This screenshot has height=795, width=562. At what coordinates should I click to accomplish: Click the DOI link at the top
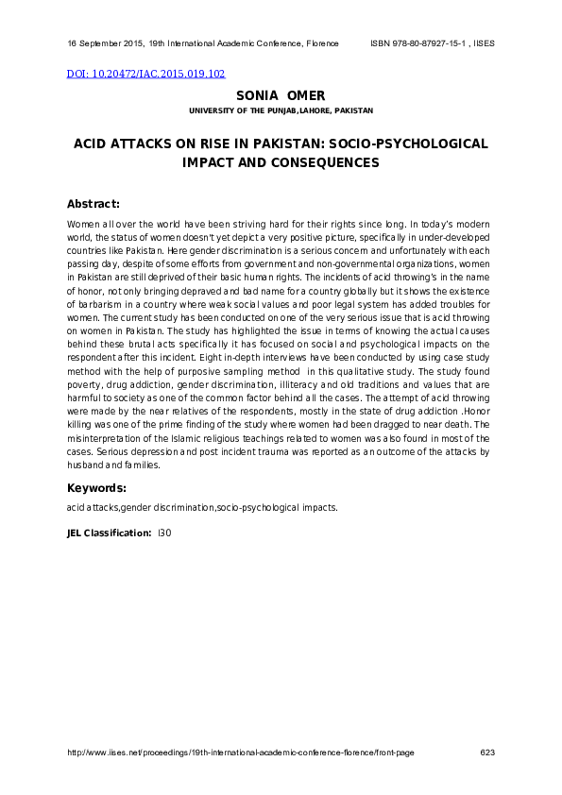click(x=145, y=74)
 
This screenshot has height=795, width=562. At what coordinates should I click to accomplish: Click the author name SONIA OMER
click(x=281, y=95)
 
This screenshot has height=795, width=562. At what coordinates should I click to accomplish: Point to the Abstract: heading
click(x=93, y=204)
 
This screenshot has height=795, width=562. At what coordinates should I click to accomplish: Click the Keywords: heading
click(x=96, y=488)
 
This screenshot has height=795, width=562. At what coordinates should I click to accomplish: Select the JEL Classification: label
click(x=109, y=533)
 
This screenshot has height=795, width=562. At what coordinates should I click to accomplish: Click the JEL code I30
click(x=164, y=533)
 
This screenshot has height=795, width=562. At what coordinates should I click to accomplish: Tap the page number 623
click(x=487, y=753)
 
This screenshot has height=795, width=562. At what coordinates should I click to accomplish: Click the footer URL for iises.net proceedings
click(x=240, y=753)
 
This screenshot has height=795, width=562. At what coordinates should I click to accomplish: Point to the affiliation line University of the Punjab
click(x=281, y=110)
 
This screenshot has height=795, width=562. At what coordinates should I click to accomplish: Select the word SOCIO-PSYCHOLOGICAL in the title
click(x=424, y=144)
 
